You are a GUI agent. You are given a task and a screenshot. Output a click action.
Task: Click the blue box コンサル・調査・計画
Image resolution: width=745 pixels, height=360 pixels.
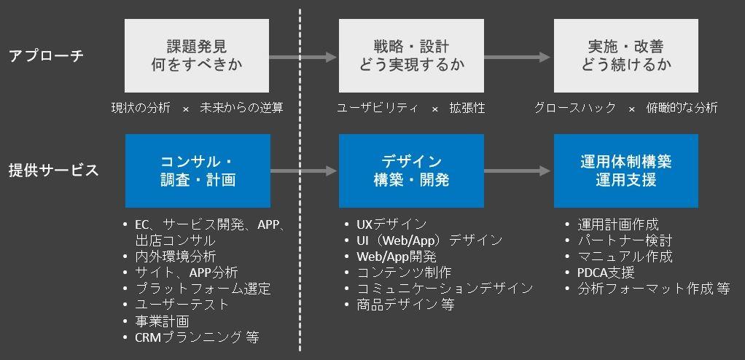point(197,171)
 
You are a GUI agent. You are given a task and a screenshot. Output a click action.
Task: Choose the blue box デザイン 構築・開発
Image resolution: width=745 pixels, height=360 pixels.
point(411,171)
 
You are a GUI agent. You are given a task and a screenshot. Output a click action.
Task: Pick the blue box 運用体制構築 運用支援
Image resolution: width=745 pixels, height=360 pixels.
point(626,171)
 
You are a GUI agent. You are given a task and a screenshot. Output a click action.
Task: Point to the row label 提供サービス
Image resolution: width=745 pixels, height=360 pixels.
point(53,171)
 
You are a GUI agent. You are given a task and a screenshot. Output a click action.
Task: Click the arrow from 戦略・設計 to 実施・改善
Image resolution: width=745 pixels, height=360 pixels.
point(518,56)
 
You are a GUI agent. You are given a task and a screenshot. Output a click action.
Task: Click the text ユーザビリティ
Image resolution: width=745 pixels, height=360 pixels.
point(378,108)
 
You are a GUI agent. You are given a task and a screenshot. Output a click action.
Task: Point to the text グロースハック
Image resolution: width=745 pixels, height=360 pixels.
point(575,108)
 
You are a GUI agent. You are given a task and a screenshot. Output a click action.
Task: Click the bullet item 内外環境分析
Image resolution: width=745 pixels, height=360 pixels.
point(175,256)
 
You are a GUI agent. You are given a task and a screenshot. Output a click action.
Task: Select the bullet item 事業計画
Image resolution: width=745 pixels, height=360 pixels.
point(162,321)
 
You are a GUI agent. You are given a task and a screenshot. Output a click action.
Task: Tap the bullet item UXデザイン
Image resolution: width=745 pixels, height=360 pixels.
point(391,224)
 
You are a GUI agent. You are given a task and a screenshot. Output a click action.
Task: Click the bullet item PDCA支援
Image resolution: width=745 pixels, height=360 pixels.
point(606,273)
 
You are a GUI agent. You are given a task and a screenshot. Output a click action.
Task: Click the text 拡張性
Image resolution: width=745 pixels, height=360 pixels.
point(467,108)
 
